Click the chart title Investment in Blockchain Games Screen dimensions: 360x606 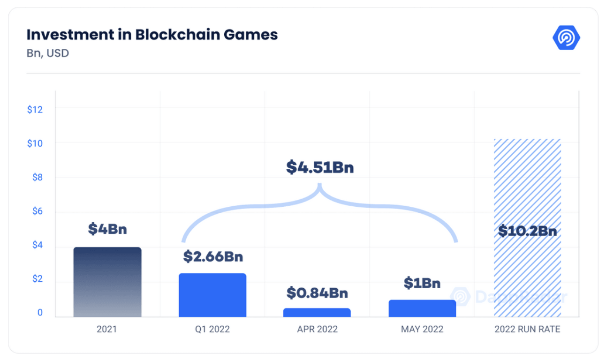[x=152, y=35]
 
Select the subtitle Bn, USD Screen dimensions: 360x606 [x=48, y=53]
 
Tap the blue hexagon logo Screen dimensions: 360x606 [x=566, y=38]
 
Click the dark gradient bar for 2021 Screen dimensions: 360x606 [x=107, y=282]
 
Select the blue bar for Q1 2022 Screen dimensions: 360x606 [x=212, y=295]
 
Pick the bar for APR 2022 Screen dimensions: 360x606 [x=317, y=312]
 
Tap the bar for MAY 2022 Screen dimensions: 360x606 [x=422, y=308]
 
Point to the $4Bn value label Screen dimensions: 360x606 [x=107, y=229]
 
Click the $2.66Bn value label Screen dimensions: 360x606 [x=213, y=256]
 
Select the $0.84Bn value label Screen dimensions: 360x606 [x=317, y=293]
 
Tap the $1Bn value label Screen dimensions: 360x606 [x=422, y=283]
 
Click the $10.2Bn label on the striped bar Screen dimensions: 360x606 [x=527, y=231]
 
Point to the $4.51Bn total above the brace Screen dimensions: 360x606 [x=320, y=167]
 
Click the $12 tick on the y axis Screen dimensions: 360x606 [x=35, y=110]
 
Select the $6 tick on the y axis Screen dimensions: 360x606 [x=37, y=211]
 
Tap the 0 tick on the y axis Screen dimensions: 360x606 [x=40, y=313]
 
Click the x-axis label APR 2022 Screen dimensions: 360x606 [x=317, y=329]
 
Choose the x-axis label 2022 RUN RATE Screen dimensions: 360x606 [x=527, y=329]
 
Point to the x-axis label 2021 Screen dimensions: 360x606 [x=107, y=329]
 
